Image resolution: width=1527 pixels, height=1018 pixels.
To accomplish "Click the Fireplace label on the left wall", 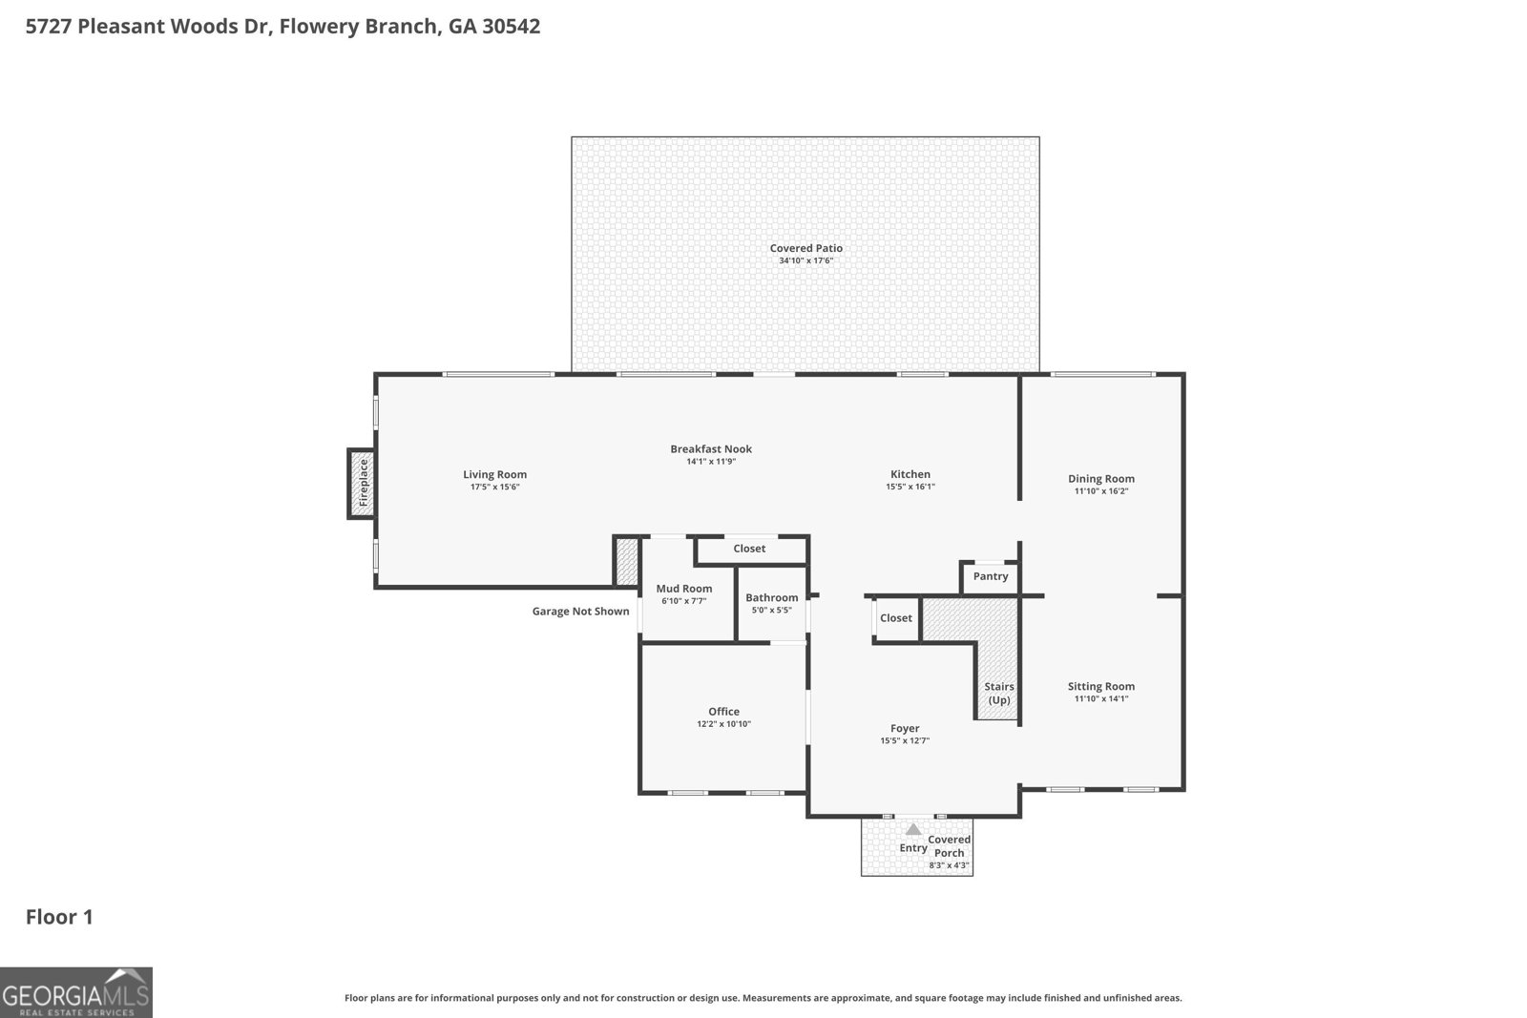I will (x=363, y=483).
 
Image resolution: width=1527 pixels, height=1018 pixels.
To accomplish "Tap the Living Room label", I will (x=494, y=474).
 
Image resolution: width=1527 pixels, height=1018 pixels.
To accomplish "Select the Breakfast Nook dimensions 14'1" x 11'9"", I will (x=711, y=462).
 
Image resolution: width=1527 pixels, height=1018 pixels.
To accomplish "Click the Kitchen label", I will (x=910, y=474).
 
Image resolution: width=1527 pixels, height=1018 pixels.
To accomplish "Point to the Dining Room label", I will (x=1100, y=479).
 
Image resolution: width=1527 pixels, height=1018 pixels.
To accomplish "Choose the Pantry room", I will (x=991, y=576).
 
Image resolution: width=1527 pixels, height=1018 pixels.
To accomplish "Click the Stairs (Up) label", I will (x=998, y=693).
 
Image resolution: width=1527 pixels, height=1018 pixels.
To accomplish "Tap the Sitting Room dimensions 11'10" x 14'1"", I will (x=1100, y=698).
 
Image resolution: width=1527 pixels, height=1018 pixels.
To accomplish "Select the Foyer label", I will (x=904, y=728).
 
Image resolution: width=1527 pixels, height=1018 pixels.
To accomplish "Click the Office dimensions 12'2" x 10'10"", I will (x=723, y=724).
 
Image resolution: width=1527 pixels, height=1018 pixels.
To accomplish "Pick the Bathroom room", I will (x=771, y=603).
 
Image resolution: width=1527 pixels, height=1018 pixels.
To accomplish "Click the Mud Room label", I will (x=683, y=589).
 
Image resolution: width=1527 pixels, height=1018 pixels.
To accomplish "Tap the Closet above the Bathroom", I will (x=749, y=549).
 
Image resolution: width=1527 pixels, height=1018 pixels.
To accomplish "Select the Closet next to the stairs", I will (x=895, y=618).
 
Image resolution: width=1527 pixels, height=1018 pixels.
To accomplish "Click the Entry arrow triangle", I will (x=913, y=829).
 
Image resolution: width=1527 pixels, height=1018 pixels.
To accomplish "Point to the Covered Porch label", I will (x=949, y=846).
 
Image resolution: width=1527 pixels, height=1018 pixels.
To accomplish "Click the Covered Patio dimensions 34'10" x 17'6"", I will (x=805, y=260).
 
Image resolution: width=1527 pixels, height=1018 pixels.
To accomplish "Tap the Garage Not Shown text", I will (x=580, y=612).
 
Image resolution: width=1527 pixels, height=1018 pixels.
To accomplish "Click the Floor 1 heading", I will (x=59, y=917).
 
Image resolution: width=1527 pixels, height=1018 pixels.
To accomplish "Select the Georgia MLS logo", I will (x=75, y=992).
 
